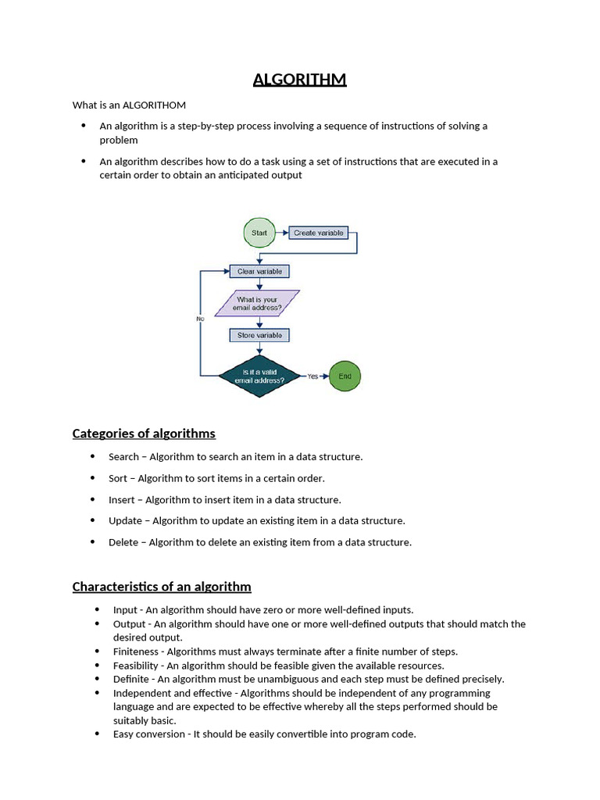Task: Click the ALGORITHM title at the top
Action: (x=299, y=80)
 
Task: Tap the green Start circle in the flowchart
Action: (x=259, y=233)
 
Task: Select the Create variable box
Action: (x=318, y=233)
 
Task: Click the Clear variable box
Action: (x=259, y=271)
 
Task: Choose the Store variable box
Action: (x=259, y=335)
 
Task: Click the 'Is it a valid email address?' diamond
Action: (x=259, y=376)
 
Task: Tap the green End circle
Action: (x=345, y=376)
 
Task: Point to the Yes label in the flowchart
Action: (x=312, y=377)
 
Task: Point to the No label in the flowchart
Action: (x=200, y=319)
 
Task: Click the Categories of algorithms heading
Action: (x=144, y=434)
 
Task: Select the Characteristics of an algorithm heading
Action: (x=162, y=587)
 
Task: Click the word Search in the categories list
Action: (x=123, y=457)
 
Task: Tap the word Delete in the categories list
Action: (x=123, y=542)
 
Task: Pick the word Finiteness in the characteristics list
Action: (x=135, y=652)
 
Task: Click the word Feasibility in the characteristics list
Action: (x=135, y=666)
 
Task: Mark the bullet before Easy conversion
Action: (x=97, y=734)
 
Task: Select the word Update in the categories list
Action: (x=125, y=521)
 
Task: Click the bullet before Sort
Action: (x=92, y=478)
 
